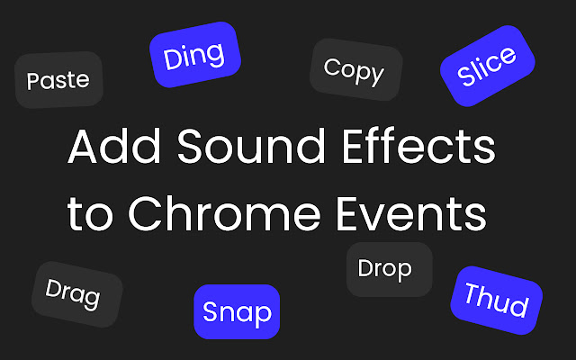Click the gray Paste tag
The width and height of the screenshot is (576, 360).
click(x=58, y=80)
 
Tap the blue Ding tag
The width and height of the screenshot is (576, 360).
click(x=194, y=56)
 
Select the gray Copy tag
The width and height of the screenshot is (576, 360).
click(x=355, y=70)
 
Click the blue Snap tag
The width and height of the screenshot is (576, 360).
click(x=238, y=312)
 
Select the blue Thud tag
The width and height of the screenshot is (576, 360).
click(x=496, y=301)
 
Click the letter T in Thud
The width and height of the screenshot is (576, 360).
click(x=472, y=294)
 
